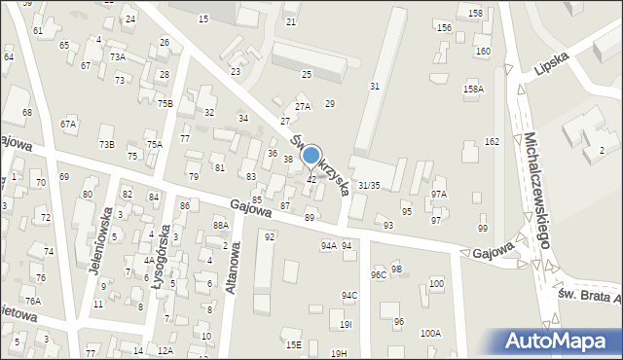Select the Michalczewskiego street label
coord(537,191)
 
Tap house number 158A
coord(473,90)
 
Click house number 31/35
coord(369,185)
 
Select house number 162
coord(493,142)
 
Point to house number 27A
coord(303,107)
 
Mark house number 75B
coord(165,103)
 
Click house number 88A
coord(220,225)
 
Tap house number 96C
coord(379,275)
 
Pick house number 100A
coord(430,333)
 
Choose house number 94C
coord(348,295)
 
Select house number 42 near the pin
coord(311,179)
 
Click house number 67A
coord(67,124)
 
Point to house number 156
coord(444,28)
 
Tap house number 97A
coord(439,195)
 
